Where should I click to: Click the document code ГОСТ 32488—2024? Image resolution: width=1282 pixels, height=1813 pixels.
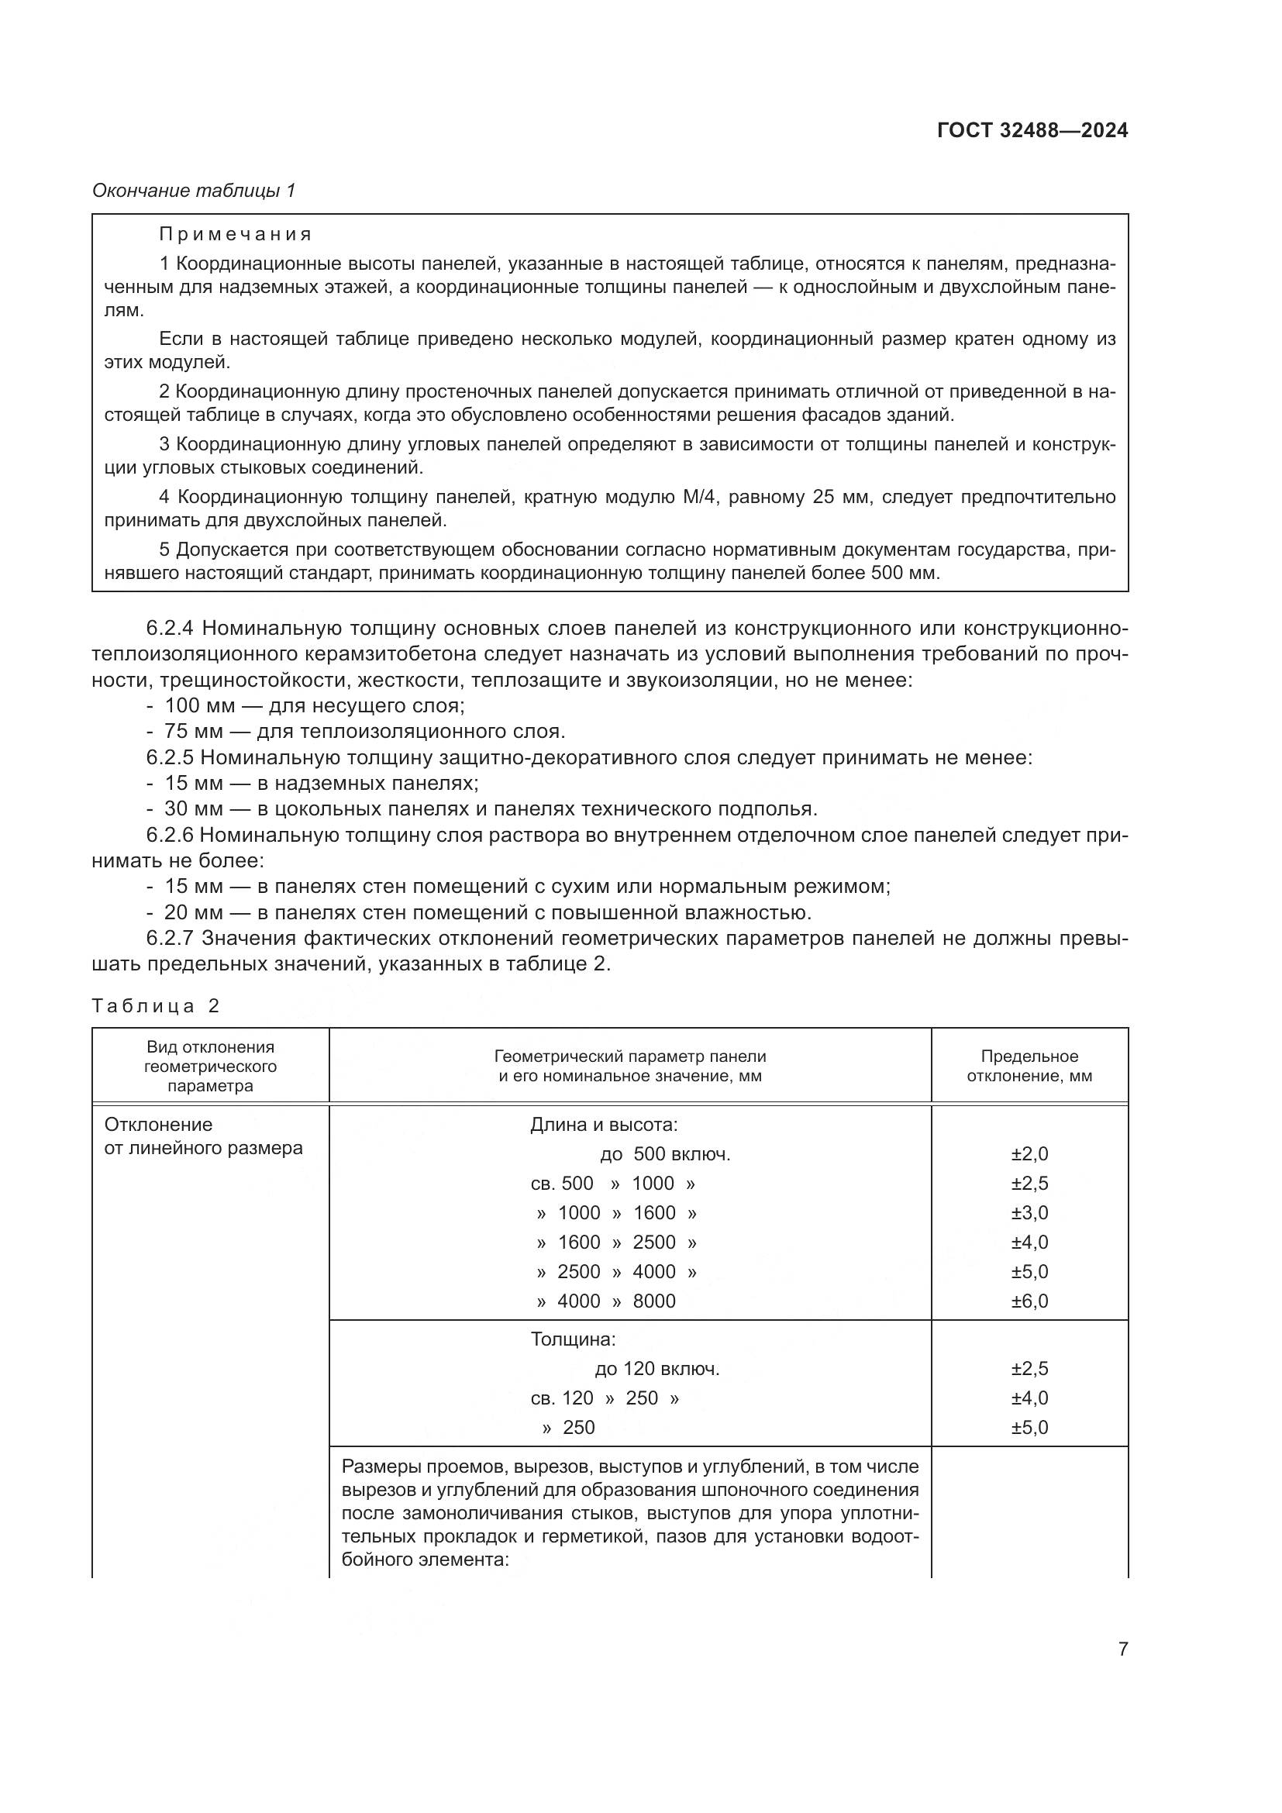point(1032,130)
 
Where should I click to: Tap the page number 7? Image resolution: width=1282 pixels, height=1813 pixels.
point(1122,1649)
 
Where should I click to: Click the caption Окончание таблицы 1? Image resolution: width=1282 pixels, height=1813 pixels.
point(194,191)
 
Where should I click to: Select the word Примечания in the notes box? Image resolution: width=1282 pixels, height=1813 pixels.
point(236,235)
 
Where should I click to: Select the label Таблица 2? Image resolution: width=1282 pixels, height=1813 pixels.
point(155,1005)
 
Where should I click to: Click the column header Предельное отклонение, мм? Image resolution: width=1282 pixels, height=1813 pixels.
point(1029,1066)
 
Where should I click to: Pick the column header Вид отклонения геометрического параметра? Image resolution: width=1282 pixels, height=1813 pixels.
point(210,1066)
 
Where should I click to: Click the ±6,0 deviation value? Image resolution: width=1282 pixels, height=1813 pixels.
point(1029,1301)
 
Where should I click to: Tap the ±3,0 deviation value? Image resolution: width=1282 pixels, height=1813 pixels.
point(1029,1212)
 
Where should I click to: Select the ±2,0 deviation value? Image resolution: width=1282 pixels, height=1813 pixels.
point(1029,1153)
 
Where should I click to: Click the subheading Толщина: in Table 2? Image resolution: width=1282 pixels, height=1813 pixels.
point(572,1339)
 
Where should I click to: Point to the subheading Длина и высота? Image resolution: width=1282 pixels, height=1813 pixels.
point(604,1124)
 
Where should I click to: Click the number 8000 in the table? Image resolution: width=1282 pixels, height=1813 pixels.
point(653,1301)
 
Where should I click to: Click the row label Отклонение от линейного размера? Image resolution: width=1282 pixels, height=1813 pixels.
point(203,1136)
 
